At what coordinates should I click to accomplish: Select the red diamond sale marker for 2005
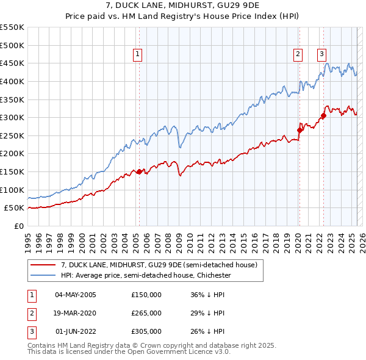pos(139,171)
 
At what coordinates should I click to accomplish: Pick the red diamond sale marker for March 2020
pos(300,130)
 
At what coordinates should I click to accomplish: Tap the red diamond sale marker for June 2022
pos(323,115)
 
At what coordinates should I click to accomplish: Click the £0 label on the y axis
pos(18,226)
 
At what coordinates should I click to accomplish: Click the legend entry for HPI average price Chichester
pos(145,275)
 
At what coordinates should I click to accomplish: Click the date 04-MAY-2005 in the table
pos(76,295)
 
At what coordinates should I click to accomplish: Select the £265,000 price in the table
pos(146,313)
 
